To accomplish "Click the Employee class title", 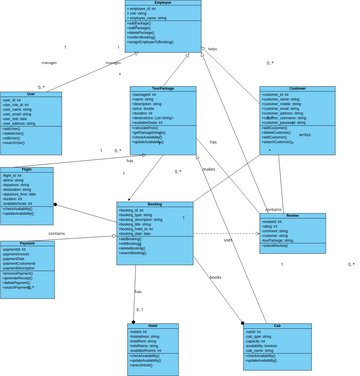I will coord(163,3).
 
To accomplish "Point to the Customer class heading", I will coord(297,90).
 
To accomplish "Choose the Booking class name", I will coord(155,204).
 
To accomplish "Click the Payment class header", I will coord(29,243).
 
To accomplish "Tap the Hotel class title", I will coord(151,326).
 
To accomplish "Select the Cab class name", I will coord(277,326).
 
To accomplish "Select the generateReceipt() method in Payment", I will coord(26,277).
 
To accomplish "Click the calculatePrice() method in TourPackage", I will coord(148,128).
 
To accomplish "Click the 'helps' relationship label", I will coord(212,48).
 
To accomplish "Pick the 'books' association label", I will coord(215,277).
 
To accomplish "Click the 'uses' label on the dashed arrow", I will coord(228,240).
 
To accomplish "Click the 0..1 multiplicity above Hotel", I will coord(140,310).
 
